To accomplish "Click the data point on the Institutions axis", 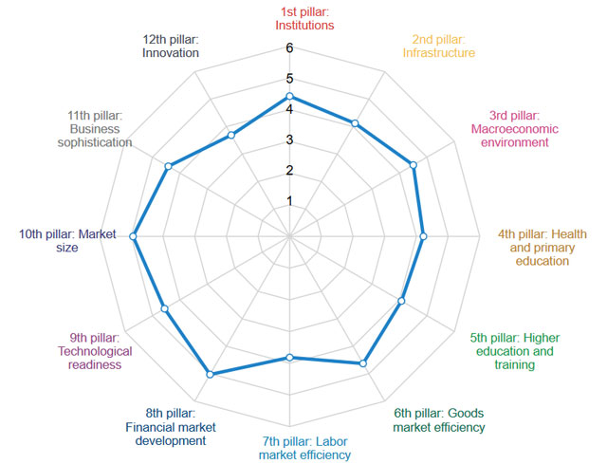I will pos(289,96).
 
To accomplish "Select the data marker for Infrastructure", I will pos(355,123).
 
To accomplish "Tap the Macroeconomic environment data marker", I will pos(414,165).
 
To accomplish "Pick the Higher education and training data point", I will pos(401,302).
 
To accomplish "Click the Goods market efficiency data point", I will pos(362,363).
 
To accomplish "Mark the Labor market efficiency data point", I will pos(289,358).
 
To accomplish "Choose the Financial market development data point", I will pos(210,374).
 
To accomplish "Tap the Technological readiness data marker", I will pos(164,308).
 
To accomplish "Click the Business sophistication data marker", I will pos(168,167).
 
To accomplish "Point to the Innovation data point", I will pos(230,136).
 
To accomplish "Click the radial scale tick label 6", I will pos(289,48).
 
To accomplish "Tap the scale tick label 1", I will pos(289,201).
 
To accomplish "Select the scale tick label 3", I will pos(289,140).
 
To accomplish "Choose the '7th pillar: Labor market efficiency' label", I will pos(304,447).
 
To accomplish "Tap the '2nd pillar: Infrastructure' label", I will pos(438,46).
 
